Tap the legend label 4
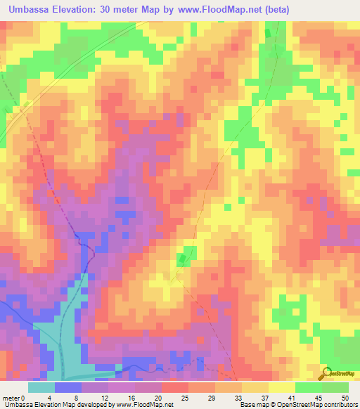[49, 397]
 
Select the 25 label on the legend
[184, 397]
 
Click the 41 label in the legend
[291, 397]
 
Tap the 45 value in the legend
[318, 397]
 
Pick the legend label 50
[344, 397]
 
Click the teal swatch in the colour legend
[41, 387]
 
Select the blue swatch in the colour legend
[68, 387]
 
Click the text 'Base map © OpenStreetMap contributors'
[297, 405]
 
